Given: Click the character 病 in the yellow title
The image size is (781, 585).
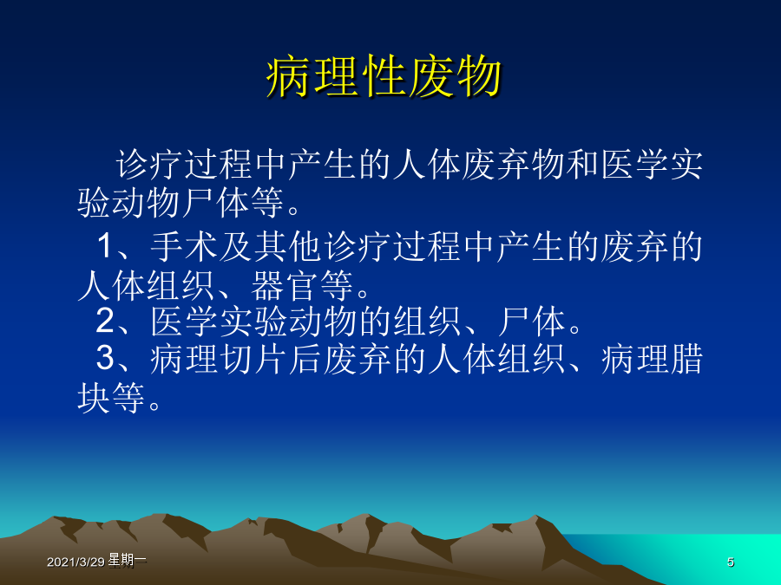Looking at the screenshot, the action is pos(289,77).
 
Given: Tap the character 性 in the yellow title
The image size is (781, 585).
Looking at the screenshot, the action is pos(384,77).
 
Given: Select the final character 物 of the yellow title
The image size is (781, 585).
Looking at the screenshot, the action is pos(479,77).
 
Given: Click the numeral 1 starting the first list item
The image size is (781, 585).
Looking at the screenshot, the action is pos(105,245).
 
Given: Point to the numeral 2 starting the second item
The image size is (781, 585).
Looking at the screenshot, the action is pos(105,321).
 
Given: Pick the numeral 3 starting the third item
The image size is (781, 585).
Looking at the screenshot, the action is pos(105,358).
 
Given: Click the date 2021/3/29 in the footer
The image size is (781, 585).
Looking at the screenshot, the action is pos(75,562).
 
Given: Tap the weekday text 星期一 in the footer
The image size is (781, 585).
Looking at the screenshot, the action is pos(127,560).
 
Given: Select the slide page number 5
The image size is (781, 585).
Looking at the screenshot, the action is pos(730,562).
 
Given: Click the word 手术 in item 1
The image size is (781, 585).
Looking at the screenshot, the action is pos(184,246).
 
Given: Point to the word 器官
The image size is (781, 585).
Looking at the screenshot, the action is pos(284,285).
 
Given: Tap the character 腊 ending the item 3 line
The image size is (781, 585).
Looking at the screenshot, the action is pos(686,359).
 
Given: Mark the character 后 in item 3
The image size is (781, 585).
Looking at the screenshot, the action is pos(305,359).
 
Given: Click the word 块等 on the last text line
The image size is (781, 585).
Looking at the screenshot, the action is pos(110,398).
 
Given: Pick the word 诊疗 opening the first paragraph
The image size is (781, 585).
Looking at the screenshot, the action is pos(149,165).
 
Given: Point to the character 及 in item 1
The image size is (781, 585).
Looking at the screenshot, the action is pos(236,246).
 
